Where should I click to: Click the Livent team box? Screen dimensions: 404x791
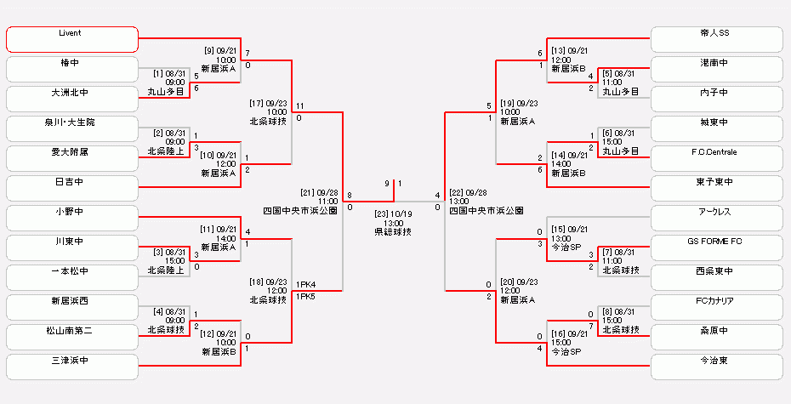pos(71,39)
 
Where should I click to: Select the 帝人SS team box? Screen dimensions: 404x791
pos(716,39)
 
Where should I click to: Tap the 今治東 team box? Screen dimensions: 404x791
pos(716,367)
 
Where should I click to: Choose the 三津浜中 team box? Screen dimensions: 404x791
pos(71,367)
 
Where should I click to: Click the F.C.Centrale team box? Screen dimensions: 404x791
pos(716,158)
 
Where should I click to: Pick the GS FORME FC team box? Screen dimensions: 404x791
pos(716,248)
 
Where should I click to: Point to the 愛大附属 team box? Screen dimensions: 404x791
pos(71,158)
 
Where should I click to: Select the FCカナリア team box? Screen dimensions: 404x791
pos(716,307)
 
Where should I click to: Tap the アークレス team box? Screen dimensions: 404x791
pos(716,218)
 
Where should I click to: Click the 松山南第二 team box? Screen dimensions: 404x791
pos(71,337)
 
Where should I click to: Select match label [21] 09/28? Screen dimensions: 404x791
pos(319,193)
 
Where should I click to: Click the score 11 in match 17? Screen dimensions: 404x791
pos(301,106)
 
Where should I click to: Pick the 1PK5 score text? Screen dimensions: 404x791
pos(306,297)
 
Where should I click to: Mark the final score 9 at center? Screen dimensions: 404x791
pos(386,184)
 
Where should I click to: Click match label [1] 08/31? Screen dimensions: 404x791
pos(169,74)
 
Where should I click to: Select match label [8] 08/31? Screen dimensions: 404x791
pos(618,312)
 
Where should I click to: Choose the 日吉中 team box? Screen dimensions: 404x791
pos(71,188)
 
